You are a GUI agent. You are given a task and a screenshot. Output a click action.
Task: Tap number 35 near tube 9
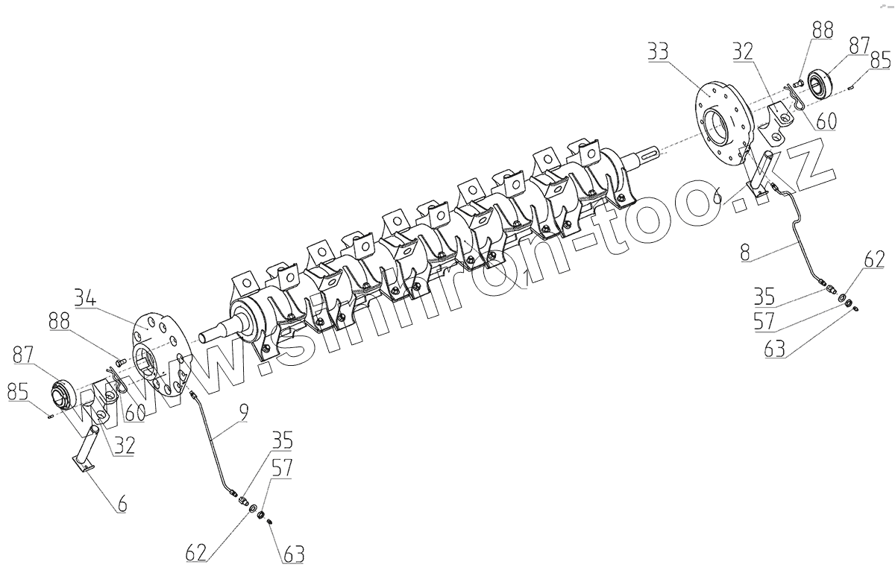[282, 440]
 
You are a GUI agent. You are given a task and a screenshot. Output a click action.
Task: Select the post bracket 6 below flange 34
[89, 447]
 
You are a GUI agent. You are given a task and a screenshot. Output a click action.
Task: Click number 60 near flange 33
[825, 120]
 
